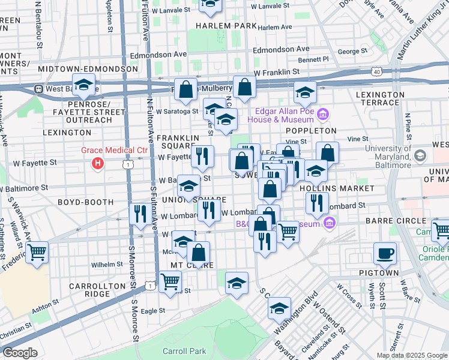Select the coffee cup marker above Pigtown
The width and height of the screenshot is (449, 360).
[384, 253]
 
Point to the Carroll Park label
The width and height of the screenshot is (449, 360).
[181, 350]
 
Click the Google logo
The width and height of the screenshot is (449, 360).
[20, 353]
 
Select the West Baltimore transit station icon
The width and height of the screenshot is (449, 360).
[38, 89]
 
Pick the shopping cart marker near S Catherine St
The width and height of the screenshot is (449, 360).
[37, 251]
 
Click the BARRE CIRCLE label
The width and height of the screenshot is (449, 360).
[403, 221]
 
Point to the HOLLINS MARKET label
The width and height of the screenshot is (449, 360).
[329, 188]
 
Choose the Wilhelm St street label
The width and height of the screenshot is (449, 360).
[107, 264]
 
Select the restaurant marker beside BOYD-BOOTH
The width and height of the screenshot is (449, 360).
[140, 214]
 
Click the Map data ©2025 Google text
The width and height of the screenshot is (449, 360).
[411, 355]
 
